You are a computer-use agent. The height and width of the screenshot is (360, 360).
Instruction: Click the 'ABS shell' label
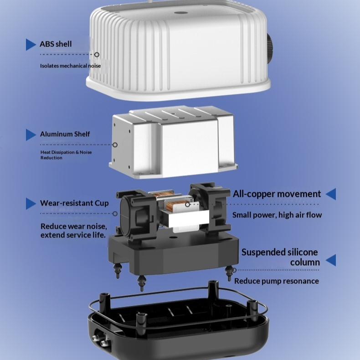tap(56, 44)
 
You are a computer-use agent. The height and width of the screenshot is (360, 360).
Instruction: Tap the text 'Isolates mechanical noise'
tap(71, 66)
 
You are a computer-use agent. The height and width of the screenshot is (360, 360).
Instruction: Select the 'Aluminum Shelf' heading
tap(65, 134)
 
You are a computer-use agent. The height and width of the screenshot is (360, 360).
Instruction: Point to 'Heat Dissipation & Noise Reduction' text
tap(66, 155)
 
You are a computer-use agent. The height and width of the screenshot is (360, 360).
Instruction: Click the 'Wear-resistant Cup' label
tap(74, 203)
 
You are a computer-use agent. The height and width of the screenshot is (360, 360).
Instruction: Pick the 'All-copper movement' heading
tap(277, 194)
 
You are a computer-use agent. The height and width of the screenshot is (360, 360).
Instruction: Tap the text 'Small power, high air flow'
tap(277, 215)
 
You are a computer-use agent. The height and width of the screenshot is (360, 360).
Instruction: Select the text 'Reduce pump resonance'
tap(277, 281)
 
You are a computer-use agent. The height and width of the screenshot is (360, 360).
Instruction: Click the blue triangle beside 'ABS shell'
tap(31, 45)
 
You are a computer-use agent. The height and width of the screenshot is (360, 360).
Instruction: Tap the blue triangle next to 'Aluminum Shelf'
tap(31, 135)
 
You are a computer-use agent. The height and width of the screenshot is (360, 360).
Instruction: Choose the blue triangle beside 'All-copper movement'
tap(331, 194)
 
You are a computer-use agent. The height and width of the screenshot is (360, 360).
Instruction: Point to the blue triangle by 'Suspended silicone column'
tap(331, 260)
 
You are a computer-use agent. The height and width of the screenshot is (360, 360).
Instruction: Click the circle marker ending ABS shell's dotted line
tap(97, 55)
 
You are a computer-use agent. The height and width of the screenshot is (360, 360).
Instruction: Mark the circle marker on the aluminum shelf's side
tap(115, 145)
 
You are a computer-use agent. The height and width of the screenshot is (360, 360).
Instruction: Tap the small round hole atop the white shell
tap(180, 12)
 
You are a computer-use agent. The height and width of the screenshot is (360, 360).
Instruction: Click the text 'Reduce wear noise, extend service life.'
tap(74, 231)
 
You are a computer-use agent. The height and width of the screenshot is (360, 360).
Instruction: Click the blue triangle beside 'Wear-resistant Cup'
tap(31, 204)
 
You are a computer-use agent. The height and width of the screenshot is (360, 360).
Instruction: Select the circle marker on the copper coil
tap(188, 204)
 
